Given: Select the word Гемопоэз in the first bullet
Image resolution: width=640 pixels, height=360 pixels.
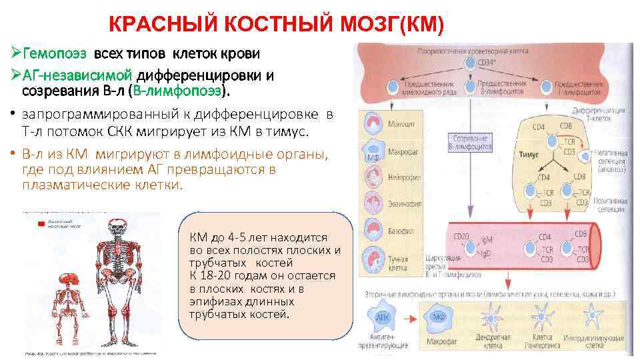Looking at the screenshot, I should (x=55, y=52).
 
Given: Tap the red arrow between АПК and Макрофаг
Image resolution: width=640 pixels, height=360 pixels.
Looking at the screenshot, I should (x=412, y=316).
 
